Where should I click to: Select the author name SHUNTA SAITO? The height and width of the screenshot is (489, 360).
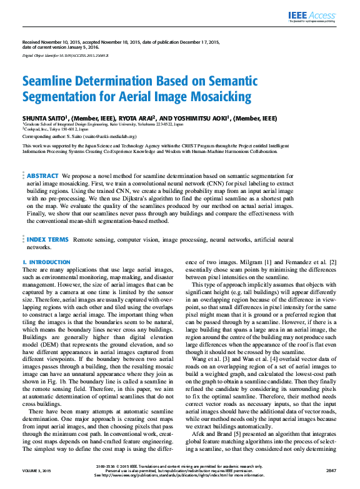click(43, 118)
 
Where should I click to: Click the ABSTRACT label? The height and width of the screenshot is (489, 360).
click(42, 177)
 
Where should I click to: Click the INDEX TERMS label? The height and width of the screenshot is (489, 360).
click(47, 239)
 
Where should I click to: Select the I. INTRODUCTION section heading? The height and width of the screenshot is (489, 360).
click(46, 262)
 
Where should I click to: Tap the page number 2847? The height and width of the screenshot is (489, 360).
click(332, 470)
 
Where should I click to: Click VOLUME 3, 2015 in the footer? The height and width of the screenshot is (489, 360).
click(36, 470)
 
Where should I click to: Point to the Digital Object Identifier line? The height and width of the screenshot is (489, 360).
click(66, 56)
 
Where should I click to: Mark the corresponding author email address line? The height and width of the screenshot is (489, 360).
click(79, 136)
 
